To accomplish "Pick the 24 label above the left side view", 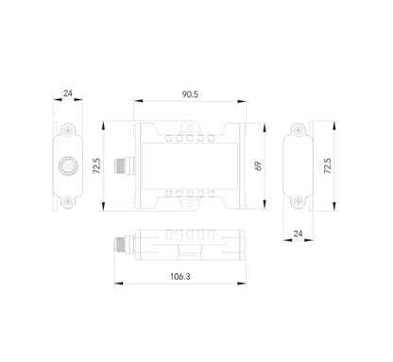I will tap(67, 94).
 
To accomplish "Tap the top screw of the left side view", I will tap(68, 128).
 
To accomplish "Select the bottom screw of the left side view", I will tap(68, 200).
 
